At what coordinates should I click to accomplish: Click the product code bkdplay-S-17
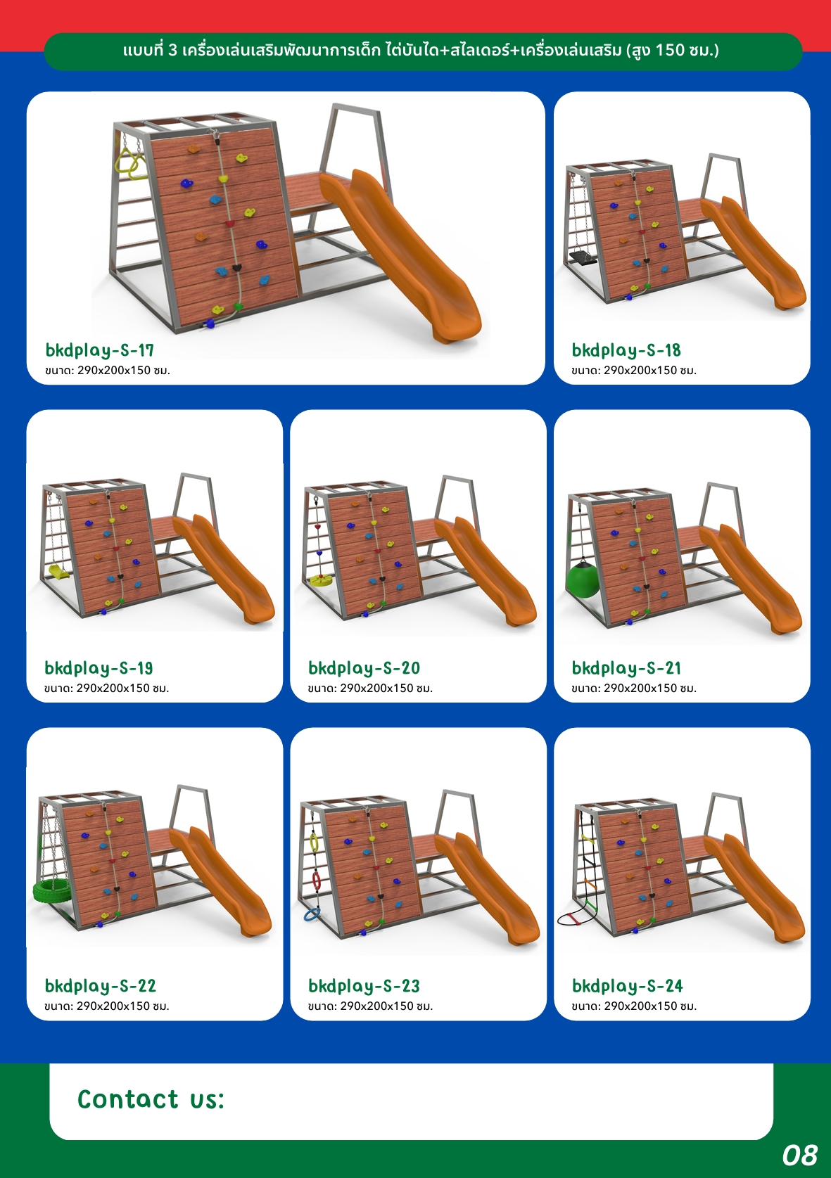99,350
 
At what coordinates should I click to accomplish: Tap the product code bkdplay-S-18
626,350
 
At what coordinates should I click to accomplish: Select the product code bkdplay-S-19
99,668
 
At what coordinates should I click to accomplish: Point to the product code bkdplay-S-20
364,668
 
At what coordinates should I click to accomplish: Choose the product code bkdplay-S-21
626,668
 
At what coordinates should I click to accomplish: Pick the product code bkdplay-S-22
101,985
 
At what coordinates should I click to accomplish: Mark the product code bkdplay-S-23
364,985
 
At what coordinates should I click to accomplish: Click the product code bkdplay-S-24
628,985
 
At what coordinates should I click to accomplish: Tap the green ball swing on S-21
583,580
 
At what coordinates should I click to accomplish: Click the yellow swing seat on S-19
60,570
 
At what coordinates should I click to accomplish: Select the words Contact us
151,1099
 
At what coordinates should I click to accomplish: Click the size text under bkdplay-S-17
108,370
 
